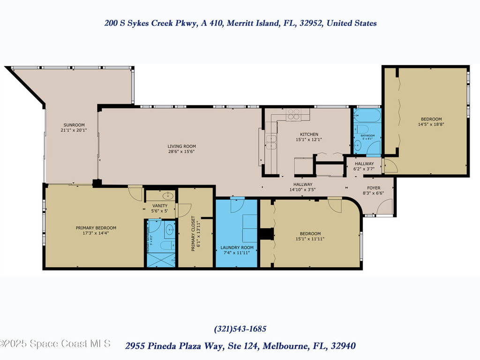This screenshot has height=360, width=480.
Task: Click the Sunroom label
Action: tap(74, 125)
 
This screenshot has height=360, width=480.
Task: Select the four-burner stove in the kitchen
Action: tap(294, 115)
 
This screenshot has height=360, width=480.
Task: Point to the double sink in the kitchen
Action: tap(271, 139)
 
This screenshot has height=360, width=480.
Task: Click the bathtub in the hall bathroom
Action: tap(367, 116)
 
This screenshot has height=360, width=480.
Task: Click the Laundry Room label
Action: tap(237, 247)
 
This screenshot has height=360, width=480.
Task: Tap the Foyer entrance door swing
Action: tap(385, 205)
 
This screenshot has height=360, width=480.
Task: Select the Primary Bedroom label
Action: tap(96, 228)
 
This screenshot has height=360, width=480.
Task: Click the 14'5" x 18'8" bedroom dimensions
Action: tap(430, 125)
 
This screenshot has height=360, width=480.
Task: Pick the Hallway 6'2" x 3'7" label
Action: tap(364, 166)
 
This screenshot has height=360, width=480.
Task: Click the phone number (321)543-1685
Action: tap(240, 329)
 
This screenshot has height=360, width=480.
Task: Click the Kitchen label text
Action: tap(309, 134)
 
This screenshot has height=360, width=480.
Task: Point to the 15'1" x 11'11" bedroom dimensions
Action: tap(310, 239)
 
